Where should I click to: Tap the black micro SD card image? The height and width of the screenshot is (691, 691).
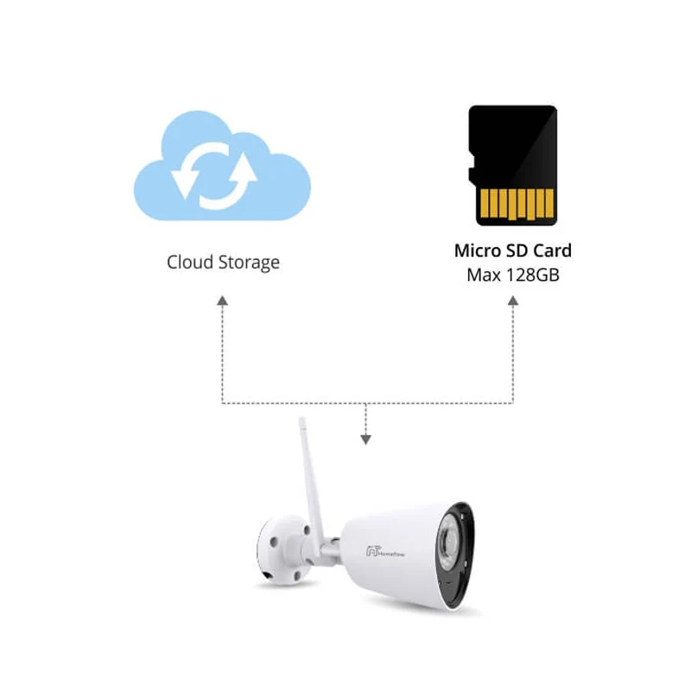tap(512, 166)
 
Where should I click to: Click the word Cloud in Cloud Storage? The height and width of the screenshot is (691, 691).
tap(190, 262)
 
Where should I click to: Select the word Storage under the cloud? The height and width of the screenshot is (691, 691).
tap(249, 263)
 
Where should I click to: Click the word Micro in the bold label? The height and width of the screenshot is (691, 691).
tap(478, 250)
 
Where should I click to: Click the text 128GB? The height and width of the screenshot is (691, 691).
tap(533, 275)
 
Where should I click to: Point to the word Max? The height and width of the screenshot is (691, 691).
tap(484, 275)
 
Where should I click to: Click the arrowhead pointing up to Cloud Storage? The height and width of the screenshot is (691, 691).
tap(223, 301)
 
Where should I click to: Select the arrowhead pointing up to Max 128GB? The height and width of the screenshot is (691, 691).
tap(513, 301)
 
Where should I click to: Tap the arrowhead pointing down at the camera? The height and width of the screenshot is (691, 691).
tap(365, 440)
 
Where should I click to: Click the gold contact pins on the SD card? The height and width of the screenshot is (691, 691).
tap(517, 204)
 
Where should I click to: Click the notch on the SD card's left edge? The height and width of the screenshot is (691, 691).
tap(471, 167)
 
